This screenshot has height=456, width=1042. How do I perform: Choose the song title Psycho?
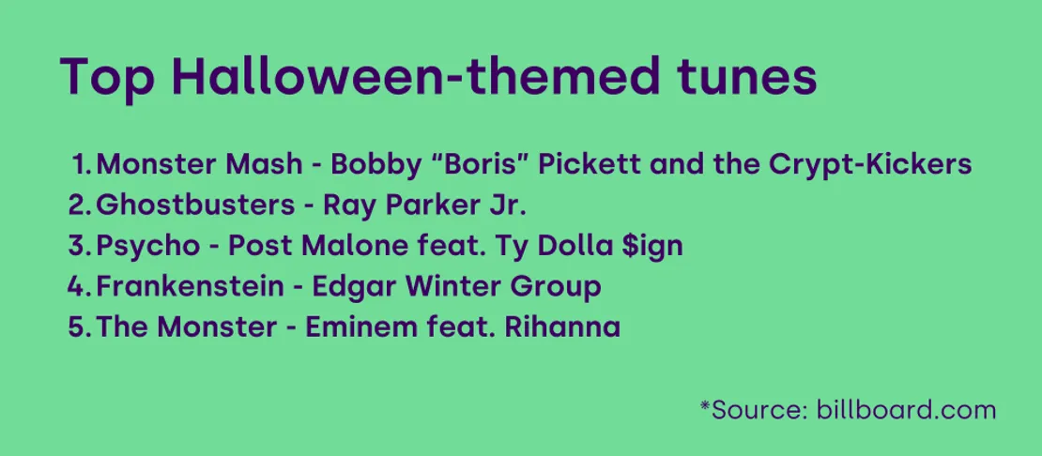148,246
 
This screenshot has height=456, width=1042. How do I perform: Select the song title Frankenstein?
189,286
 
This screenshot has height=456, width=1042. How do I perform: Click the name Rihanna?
562,327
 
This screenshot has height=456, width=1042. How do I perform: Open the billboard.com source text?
906,410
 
